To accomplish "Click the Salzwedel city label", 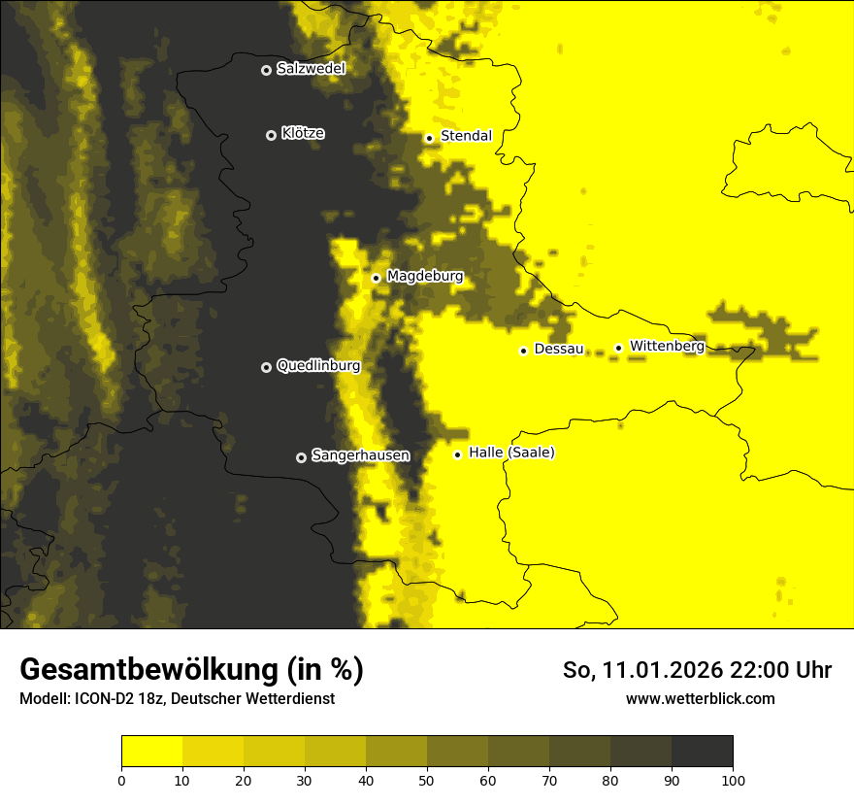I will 311,69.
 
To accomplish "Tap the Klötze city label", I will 303,134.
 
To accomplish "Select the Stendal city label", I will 466,136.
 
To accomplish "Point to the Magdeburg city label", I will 425,277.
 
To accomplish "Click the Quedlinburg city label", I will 318,366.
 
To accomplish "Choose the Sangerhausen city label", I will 360,455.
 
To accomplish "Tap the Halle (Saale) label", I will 511,453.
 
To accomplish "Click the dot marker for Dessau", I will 523,351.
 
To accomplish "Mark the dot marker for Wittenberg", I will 618,348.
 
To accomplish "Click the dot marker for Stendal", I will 429,138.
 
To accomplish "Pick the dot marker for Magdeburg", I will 376,279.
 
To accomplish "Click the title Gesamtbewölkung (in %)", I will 191,670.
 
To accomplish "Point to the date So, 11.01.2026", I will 641,670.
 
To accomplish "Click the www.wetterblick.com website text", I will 700,699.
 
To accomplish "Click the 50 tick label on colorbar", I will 427,780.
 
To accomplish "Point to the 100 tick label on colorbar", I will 733,780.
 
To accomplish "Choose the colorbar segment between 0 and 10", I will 152,752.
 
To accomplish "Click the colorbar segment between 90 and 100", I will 702,752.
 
